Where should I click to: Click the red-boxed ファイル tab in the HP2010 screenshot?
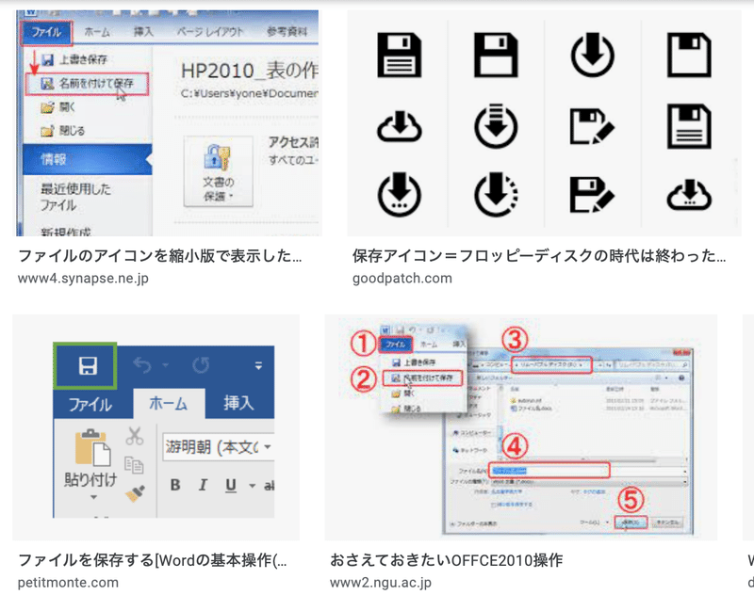46,31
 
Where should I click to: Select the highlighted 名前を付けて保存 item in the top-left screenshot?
86,84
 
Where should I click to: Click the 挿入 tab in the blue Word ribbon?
238,403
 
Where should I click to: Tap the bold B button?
175,486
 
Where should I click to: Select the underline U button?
231,486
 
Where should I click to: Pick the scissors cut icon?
134,436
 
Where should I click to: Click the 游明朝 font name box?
212,445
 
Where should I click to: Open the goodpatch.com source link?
402,279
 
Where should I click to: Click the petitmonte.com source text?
68,582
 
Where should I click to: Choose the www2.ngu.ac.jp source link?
380,582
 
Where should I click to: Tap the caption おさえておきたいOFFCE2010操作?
446,560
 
